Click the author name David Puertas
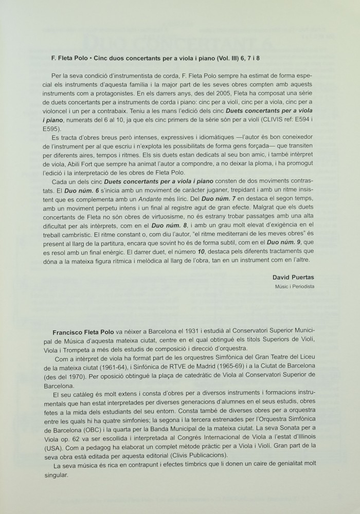(294, 278)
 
